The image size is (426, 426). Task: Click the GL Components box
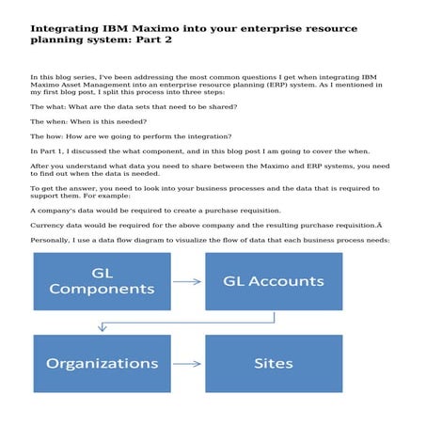(102, 281)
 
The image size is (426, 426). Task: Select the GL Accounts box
(274, 281)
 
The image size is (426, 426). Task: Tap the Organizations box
(102, 363)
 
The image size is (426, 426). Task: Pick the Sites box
(274, 363)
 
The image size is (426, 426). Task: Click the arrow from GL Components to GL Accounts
(188, 281)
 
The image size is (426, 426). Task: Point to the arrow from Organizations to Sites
(188, 363)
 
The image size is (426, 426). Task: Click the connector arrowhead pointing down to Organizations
(102, 328)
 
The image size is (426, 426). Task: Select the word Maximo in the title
(163, 29)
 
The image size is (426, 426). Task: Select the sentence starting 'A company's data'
(150, 211)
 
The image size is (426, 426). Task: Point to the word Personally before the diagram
(53, 240)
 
